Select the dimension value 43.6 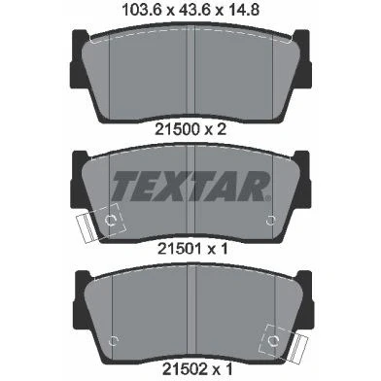pos(195,10)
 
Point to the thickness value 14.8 pos(243,10)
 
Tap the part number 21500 pos(177,129)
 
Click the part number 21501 pos(180,249)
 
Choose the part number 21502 pos(185,368)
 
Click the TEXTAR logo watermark pos(191,186)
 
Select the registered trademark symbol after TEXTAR pos(268,197)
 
